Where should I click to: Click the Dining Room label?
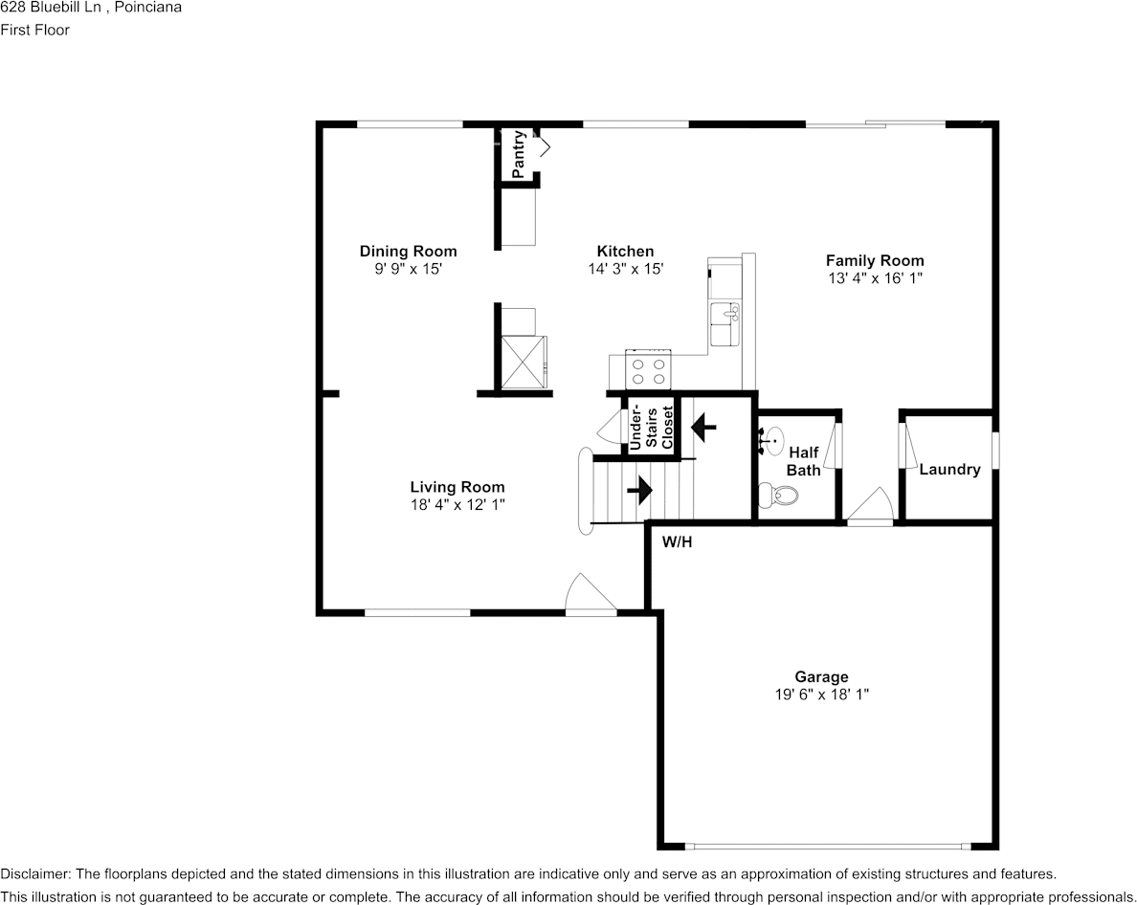point(408,252)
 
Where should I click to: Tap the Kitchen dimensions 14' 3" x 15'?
point(626,270)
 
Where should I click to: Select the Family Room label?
point(875,260)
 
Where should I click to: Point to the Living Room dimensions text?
point(457,504)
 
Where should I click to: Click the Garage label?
point(821,677)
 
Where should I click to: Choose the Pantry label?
point(518,154)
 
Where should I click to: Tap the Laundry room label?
point(949,470)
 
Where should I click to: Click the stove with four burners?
point(648,367)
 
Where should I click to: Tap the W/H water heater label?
point(678,542)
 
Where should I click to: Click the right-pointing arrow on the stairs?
point(639,491)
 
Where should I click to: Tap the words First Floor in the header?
point(35,30)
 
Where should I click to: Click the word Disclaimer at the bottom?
point(34,874)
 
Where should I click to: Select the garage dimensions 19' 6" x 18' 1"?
point(821,695)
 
